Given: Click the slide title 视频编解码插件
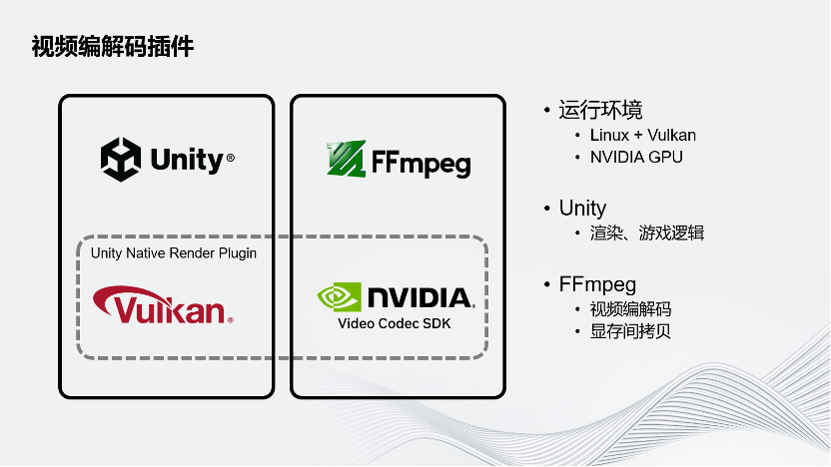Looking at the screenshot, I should click(x=112, y=47).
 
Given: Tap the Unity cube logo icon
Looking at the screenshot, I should click(x=122, y=159).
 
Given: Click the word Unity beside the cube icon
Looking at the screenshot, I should click(x=187, y=160).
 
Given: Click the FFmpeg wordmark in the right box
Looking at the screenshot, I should click(x=420, y=163).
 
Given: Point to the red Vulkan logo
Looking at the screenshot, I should click(x=163, y=306).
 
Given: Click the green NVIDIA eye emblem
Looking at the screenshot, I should click(x=339, y=297).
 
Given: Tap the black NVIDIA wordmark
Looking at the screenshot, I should click(x=419, y=297).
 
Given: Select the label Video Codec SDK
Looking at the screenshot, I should click(x=395, y=323).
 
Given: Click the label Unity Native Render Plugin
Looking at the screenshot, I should click(x=174, y=252).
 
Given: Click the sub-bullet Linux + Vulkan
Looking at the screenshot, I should click(x=642, y=135).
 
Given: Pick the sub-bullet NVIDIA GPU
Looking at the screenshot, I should click(x=636, y=157).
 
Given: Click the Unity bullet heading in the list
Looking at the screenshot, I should click(x=582, y=208).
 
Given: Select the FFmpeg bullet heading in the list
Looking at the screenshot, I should click(x=597, y=284).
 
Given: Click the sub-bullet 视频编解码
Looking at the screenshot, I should click(x=630, y=308).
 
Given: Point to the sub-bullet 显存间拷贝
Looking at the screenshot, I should click(x=630, y=330).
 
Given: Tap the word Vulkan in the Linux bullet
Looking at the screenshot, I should click(x=672, y=135).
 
